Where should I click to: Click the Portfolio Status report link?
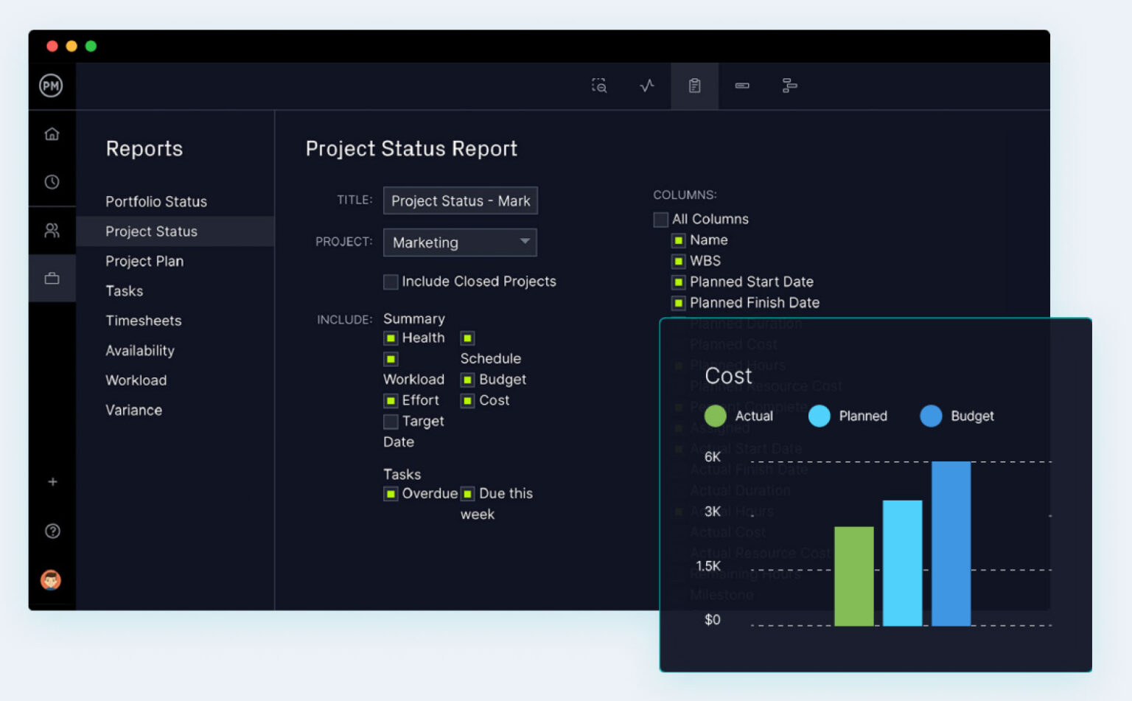156,201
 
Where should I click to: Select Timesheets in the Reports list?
143,321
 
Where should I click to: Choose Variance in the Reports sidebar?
133,410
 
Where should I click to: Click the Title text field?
460,200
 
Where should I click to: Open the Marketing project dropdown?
460,243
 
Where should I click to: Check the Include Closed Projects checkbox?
391,282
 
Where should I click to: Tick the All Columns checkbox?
660,220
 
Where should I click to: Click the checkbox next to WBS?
678,261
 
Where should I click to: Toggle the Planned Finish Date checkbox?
678,303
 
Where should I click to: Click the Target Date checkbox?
391,422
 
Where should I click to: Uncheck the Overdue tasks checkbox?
391,494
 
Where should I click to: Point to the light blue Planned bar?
902,563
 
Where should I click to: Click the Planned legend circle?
819,416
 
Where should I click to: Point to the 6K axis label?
712,457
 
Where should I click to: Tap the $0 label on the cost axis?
712,620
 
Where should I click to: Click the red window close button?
52,46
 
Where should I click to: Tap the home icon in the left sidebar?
52,134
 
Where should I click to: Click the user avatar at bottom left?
51,580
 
